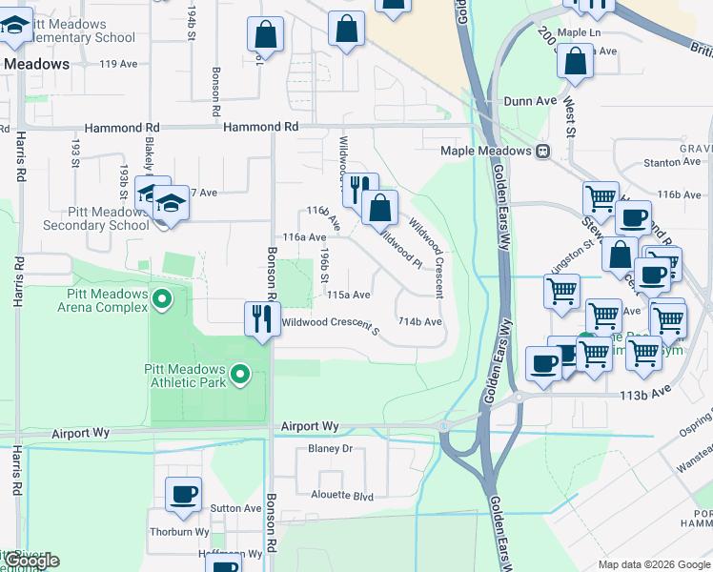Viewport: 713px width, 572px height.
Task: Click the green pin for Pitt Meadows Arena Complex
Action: click(x=162, y=301)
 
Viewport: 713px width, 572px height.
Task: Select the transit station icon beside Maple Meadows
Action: click(x=542, y=151)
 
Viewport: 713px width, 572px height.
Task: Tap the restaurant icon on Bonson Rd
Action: click(x=259, y=318)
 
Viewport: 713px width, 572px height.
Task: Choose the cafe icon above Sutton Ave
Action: click(x=183, y=494)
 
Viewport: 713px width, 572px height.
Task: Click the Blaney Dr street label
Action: click(x=330, y=448)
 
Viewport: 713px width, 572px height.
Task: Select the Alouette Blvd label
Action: click(x=342, y=495)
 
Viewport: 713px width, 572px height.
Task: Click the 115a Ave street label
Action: click(x=348, y=296)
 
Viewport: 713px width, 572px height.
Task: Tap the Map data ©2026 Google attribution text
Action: click(x=654, y=564)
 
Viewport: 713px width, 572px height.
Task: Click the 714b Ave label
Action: click(x=419, y=322)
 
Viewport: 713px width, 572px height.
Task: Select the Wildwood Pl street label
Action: click(x=400, y=245)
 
